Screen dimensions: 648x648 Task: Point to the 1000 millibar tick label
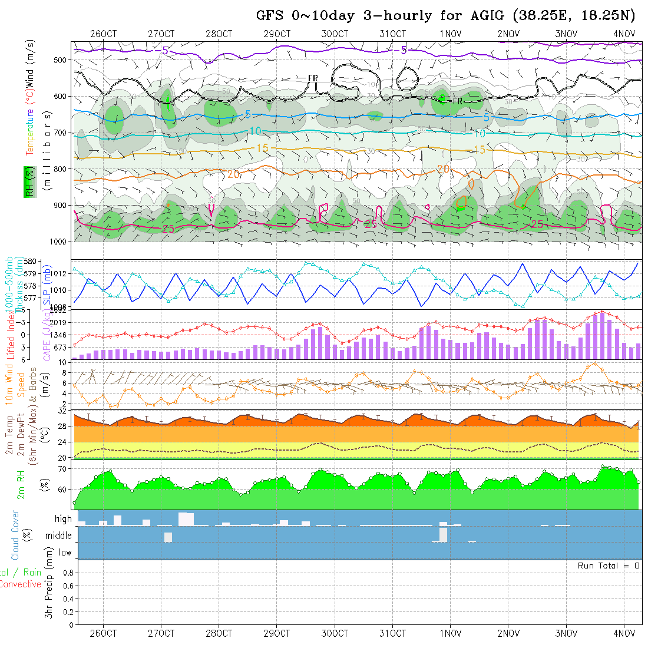pos(59,242)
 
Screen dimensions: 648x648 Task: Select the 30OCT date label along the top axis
pos(335,34)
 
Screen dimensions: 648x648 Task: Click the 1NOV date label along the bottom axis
pos(450,634)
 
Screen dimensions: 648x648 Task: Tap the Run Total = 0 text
pos(609,566)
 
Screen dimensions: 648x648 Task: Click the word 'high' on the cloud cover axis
pos(63,519)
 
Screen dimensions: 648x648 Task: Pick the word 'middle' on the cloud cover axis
pos(58,536)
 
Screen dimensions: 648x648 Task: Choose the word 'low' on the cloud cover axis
pos(65,553)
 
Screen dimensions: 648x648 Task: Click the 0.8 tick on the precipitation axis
pos(67,573)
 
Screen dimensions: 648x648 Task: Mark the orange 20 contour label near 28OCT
pos(233,174)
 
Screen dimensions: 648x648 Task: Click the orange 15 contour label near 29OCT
pos(262,147)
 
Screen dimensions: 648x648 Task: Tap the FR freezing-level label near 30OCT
pos(313,78)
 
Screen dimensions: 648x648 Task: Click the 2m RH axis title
pos(21,484)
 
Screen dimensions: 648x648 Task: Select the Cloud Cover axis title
pos(15,535)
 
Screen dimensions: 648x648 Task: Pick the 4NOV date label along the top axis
pos(624,34)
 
